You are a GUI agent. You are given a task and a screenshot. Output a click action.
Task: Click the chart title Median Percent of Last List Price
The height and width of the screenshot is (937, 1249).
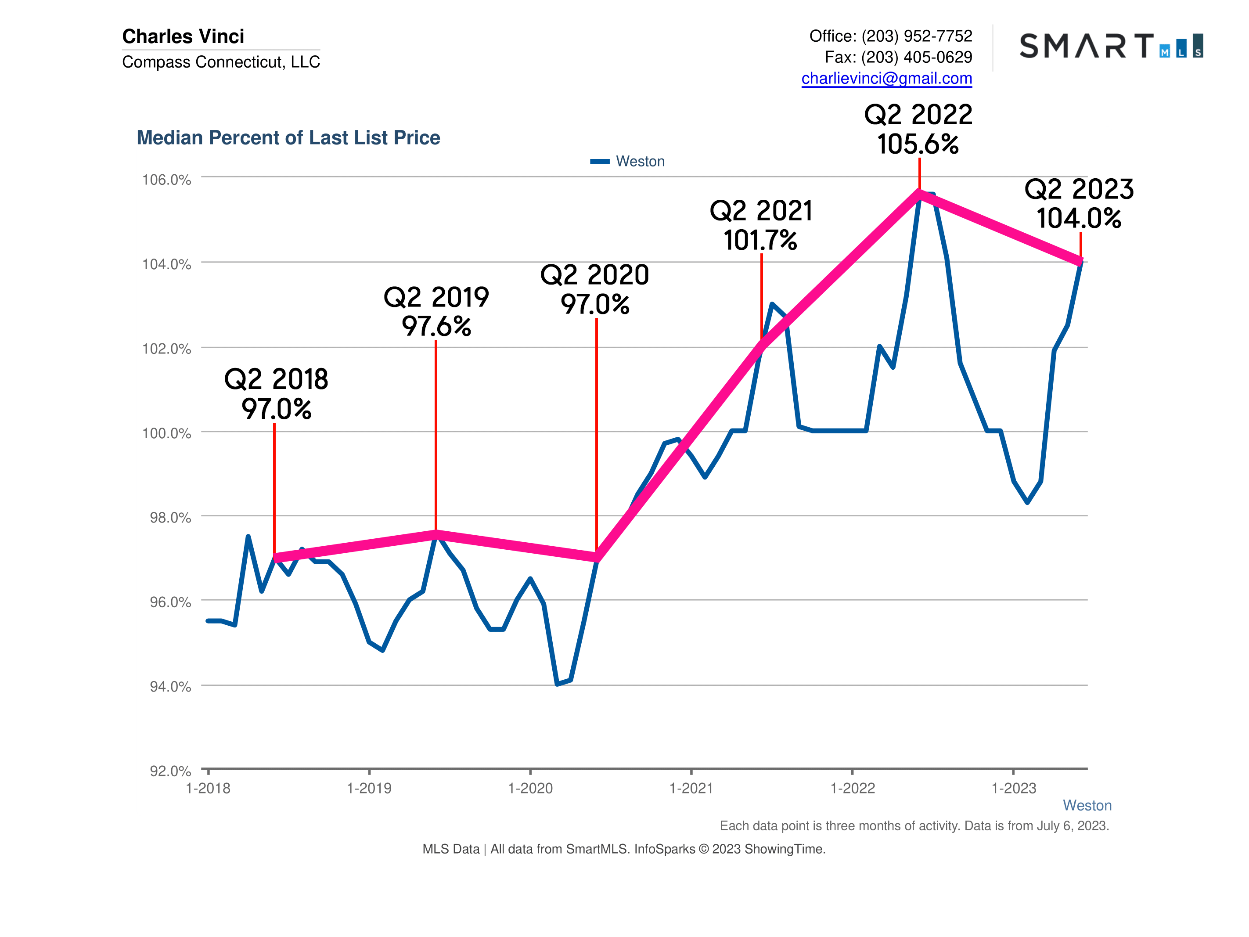pyautogui.click(x=288, y=138)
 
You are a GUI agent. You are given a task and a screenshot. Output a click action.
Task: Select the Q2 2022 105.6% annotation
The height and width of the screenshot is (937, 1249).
pyautogui.click(x=918, y=130)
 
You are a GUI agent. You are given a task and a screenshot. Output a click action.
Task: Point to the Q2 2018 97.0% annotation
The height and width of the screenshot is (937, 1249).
pyautogui.click(x=276, y=394)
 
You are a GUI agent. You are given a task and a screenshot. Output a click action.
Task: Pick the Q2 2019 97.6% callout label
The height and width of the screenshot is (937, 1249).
pyautogui.click(x=436, y=312)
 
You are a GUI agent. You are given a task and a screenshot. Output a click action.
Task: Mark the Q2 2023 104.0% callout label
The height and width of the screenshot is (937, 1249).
pyautogui.click(x=1079, y=204)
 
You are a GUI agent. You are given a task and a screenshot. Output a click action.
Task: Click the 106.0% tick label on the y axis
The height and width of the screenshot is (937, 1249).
pyautogui.click(x=166, y=180)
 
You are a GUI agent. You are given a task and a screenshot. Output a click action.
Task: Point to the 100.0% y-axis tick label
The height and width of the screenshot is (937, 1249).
pyautogui.click(x=166, y=433)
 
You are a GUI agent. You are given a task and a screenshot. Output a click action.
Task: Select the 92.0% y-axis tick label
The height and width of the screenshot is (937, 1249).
pyautogui.click(x=170, y=771)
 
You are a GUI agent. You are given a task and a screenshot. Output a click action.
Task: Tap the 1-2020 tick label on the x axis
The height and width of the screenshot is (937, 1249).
pyautogui.click(x=530, y=789)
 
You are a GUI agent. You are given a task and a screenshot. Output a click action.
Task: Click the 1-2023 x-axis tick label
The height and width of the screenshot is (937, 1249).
pyautogui.click(x=1014, y=789)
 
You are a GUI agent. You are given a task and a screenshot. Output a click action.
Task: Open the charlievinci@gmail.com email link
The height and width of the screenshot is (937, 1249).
pyautogui.click(x=886, y=79)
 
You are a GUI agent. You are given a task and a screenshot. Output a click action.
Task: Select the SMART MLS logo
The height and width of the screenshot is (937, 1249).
pyautogui.click(x=1111, y=46)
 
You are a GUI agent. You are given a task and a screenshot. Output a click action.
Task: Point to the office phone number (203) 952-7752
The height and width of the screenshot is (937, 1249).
pyautogui.click(x=916, y=36)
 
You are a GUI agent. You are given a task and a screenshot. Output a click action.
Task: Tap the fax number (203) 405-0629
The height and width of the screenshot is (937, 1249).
pyautogui.click(x=916, y=57)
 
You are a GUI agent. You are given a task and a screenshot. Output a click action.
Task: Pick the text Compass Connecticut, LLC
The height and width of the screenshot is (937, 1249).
pyautogui.click(x=221, y=61)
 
